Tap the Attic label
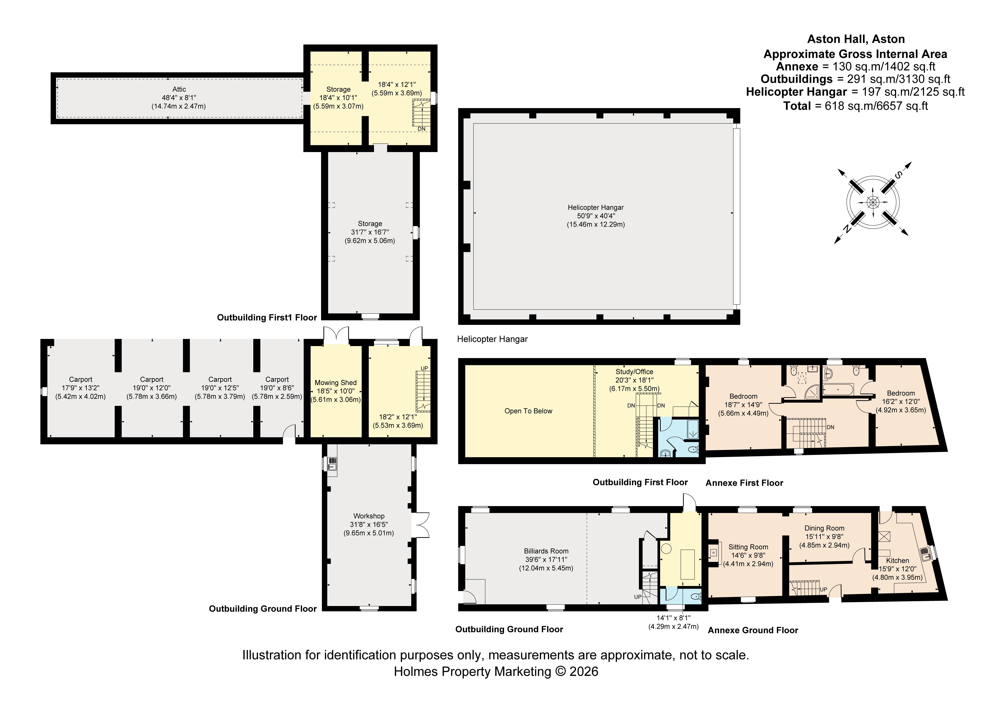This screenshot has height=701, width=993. click(x=179, y=89)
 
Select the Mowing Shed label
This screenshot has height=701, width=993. click(x=336, y=382)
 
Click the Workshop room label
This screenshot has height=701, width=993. click(x=369, y=516)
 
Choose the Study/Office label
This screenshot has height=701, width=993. click(x=634, y=372)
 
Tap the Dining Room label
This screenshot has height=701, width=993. click(x=824, y=528)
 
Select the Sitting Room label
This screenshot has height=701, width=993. click(x=748, y=547)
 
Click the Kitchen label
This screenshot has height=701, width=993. click(x=897, y=561)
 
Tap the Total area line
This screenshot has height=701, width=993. click(x=855, y=106)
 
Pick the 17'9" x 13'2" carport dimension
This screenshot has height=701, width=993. click(x=80, y=388)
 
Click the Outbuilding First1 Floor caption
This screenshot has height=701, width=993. click(x=267, y=318)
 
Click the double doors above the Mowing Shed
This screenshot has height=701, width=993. click(x=336, y=335)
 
